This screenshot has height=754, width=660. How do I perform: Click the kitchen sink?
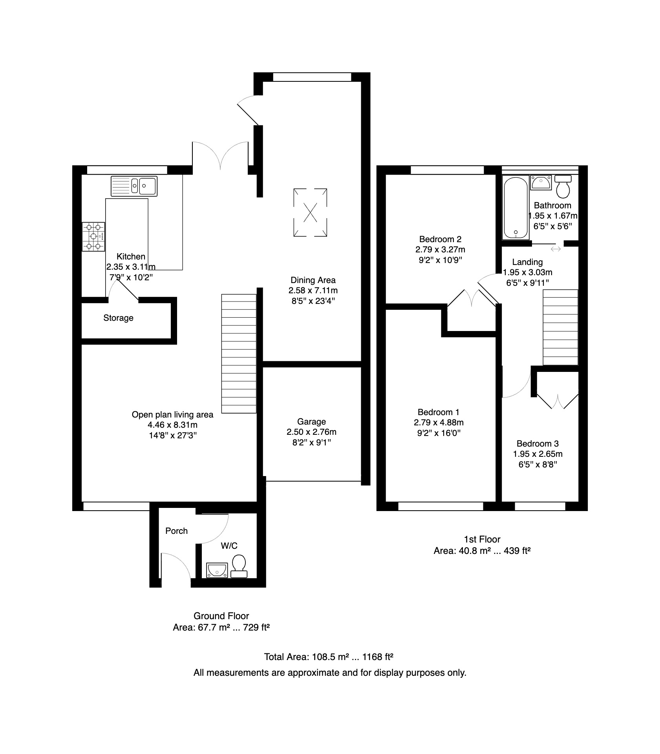[134, 186]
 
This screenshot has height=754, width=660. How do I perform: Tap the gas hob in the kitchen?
[93, 237]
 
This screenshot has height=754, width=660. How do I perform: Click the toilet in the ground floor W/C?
[239, 566]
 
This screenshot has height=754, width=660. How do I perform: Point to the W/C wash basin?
[217, 570]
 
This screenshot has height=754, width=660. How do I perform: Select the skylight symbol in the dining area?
[310, 212]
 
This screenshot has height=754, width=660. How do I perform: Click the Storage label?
[118, 318]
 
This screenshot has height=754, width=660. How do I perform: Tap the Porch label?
[176, 531]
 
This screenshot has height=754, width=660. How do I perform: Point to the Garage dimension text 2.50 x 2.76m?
[311, 432]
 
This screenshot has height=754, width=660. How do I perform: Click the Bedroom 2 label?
[440, 239]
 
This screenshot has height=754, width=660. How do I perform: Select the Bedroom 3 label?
[538, 443]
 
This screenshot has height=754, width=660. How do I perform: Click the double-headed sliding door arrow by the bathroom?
[556, 248]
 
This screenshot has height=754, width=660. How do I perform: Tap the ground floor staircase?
[239, 353]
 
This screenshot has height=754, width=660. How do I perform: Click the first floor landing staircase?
[560, 327]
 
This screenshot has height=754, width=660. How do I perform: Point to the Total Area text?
[329, 657]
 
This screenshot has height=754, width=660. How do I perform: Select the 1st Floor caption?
[482, 539]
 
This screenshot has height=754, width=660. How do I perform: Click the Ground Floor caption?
[221, 616]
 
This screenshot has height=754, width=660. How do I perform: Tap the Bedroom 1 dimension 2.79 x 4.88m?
[439, 422]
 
